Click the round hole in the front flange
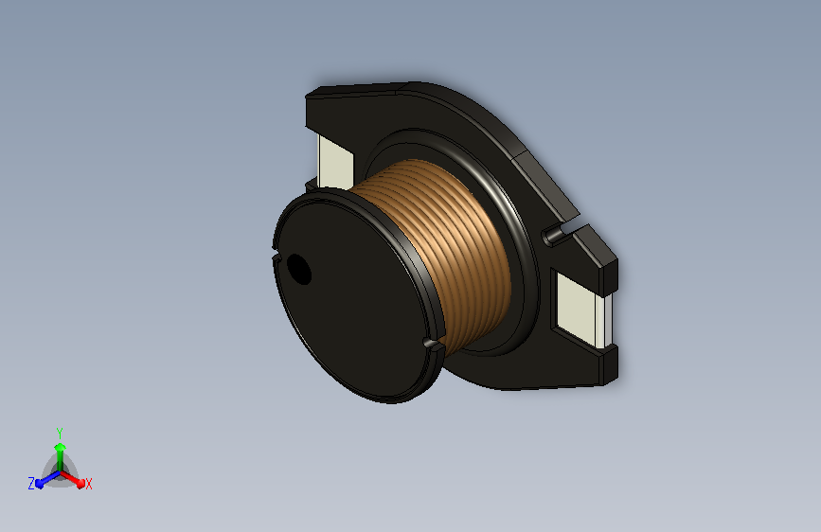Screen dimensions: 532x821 (x=299, y=270)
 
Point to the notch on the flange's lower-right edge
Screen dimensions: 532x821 (x=432, y=344)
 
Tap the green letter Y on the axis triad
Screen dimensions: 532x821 (x=60, y=431)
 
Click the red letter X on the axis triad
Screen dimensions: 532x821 (x=89, y=484)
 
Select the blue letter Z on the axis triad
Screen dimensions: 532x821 (x=31, y=484)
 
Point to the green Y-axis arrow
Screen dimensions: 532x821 (x=60, y=450)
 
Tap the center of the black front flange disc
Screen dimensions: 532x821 (x=355, y=293)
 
